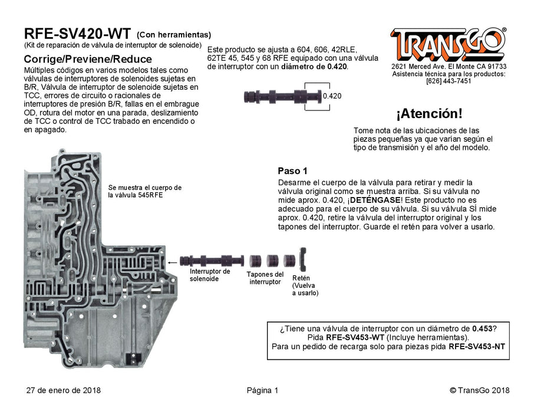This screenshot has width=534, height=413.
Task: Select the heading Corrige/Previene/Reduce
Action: pos(87,60)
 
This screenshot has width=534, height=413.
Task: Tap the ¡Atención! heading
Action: pos(428,113)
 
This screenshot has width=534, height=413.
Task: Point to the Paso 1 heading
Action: pos(292,171)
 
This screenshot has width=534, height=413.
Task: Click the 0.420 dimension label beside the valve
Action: pos(332,96)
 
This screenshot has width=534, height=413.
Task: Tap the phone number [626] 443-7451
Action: pos(448,81)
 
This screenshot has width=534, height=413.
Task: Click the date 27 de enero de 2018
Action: pos(64,390)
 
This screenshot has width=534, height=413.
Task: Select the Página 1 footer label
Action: pos(262,390)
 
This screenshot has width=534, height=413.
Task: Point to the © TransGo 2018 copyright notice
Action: pos(479,390)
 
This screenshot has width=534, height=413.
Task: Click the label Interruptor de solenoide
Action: pos(209,275)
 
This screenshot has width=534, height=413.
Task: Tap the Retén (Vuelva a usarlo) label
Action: pos(305,285)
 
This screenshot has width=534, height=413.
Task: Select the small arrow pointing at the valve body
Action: pos(173,262)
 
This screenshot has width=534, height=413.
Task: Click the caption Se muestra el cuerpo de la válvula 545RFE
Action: pos(144,191)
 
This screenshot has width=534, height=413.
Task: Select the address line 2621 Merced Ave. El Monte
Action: pos(449,67)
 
